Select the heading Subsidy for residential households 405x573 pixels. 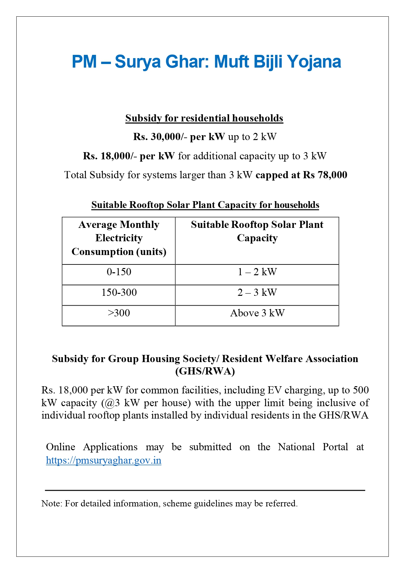tap(204, 118)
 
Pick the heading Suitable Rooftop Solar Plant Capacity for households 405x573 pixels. tap(205, 205)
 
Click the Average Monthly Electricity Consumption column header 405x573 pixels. tap(119, 238)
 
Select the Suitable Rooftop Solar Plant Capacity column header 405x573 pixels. tap(257, 231)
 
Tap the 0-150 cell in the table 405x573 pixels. tap(119, 272)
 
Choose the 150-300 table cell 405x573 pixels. tap(119, 293)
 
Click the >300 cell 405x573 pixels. tap(119, 313)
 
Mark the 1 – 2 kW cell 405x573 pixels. tap(257, 272)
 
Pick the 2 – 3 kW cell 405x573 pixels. tap(257, 293)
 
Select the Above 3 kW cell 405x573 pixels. tap(257, 313)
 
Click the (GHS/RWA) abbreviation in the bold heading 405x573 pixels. tap(205, 371)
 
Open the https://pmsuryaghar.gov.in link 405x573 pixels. tap(103, 460)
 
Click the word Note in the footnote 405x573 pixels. tap(51, 503)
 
